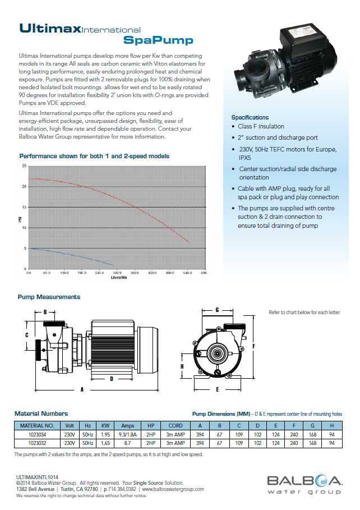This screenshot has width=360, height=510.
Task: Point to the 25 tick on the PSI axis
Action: (x=24, y=166)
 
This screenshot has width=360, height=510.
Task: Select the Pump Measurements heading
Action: (x=49, y=297)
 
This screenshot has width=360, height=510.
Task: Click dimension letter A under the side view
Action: (x=82, y=388)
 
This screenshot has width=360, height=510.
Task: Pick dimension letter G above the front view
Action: (x=216, y=310)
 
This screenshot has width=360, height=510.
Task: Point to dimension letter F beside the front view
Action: (x=254, y=346)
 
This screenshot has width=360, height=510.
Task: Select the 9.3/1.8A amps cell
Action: (x=127, y=434)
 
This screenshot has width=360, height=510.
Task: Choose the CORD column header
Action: (x=176, y=425)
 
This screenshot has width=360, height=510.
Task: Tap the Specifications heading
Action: (x=250, y=117)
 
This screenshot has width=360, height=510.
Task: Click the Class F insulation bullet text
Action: (x=261, y=127)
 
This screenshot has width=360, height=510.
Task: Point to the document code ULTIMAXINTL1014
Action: (x=37, y=476)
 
